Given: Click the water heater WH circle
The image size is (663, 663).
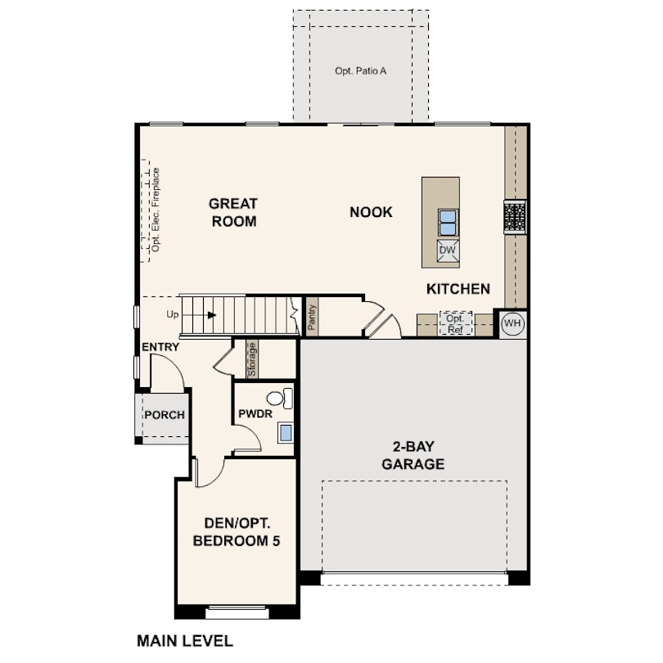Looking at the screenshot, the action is point(512,323).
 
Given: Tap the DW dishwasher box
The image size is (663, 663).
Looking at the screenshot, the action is point(448,250).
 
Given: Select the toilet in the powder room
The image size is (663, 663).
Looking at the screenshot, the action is point(280,399).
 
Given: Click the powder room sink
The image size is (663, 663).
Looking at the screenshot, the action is point(286,432).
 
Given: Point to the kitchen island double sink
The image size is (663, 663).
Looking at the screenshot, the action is point(448,223).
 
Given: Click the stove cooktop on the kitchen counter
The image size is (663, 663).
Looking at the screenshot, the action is point(515,218).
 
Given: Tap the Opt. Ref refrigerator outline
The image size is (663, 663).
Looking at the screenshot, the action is point(455,323).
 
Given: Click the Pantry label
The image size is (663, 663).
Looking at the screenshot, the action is point(312,318).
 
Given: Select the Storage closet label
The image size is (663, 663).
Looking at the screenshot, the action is point(252,360).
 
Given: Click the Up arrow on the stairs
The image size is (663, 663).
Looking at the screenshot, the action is point(200,315).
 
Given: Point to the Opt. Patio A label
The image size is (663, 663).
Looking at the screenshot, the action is point(361,71).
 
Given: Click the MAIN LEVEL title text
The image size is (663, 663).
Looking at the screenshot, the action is point(185,641).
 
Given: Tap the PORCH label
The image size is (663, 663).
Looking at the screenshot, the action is point(165,415).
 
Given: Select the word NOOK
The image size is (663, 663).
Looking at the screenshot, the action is point(371,212).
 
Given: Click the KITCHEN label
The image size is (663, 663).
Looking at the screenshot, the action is point(458,289).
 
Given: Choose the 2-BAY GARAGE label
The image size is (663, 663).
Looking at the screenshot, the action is point(413,455).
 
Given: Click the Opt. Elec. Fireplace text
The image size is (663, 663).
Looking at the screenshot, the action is point(156,210).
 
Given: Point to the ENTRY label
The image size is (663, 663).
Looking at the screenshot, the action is point(160,347).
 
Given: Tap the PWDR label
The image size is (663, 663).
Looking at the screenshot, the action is point(255,413).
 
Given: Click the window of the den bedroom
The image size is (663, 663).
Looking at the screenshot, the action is point(237,612).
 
